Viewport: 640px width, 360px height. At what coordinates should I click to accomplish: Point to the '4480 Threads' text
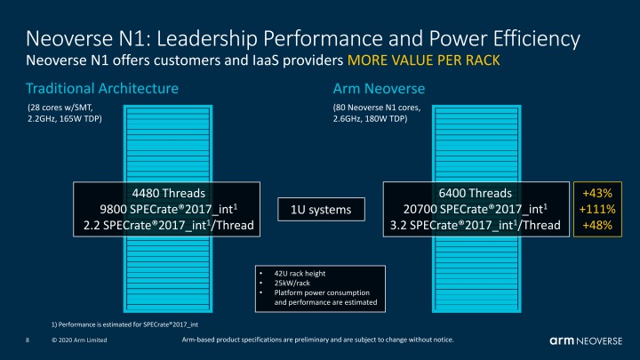point(168,193)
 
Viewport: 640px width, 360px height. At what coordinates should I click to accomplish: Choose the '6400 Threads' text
point(476,193)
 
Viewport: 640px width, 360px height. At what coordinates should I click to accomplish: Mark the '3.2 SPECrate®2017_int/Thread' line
point(476,226)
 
